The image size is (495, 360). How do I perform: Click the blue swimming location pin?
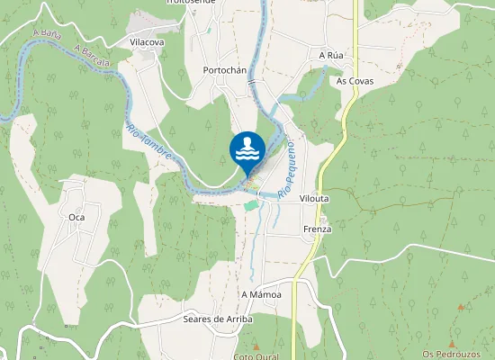247,150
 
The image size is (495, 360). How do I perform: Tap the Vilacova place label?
147,42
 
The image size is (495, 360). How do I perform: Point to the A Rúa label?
332,55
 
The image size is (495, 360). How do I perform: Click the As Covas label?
355,81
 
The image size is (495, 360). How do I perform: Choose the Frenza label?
317,229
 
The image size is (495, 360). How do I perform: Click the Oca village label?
76,217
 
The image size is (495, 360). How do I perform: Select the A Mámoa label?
262,295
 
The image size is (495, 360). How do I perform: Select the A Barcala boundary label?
93,56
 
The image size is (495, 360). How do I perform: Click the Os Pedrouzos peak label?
459,354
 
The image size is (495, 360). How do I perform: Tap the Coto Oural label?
256,356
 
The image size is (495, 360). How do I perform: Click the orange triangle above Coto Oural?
255,346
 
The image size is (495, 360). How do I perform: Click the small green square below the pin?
251,206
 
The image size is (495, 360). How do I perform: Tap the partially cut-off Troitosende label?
189,3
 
